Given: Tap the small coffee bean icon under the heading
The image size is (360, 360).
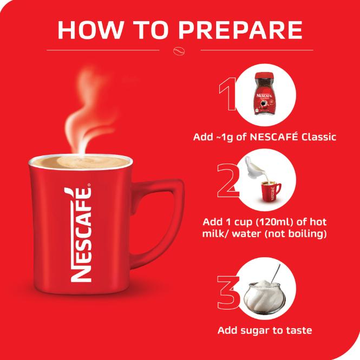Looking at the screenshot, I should pyautogui.click(x=180, y=50).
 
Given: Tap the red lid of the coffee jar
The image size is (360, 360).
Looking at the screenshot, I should pyautogui.click(x=266, y=76).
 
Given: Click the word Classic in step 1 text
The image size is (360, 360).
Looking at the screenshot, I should pyautogui.click(x=316, y=136).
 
